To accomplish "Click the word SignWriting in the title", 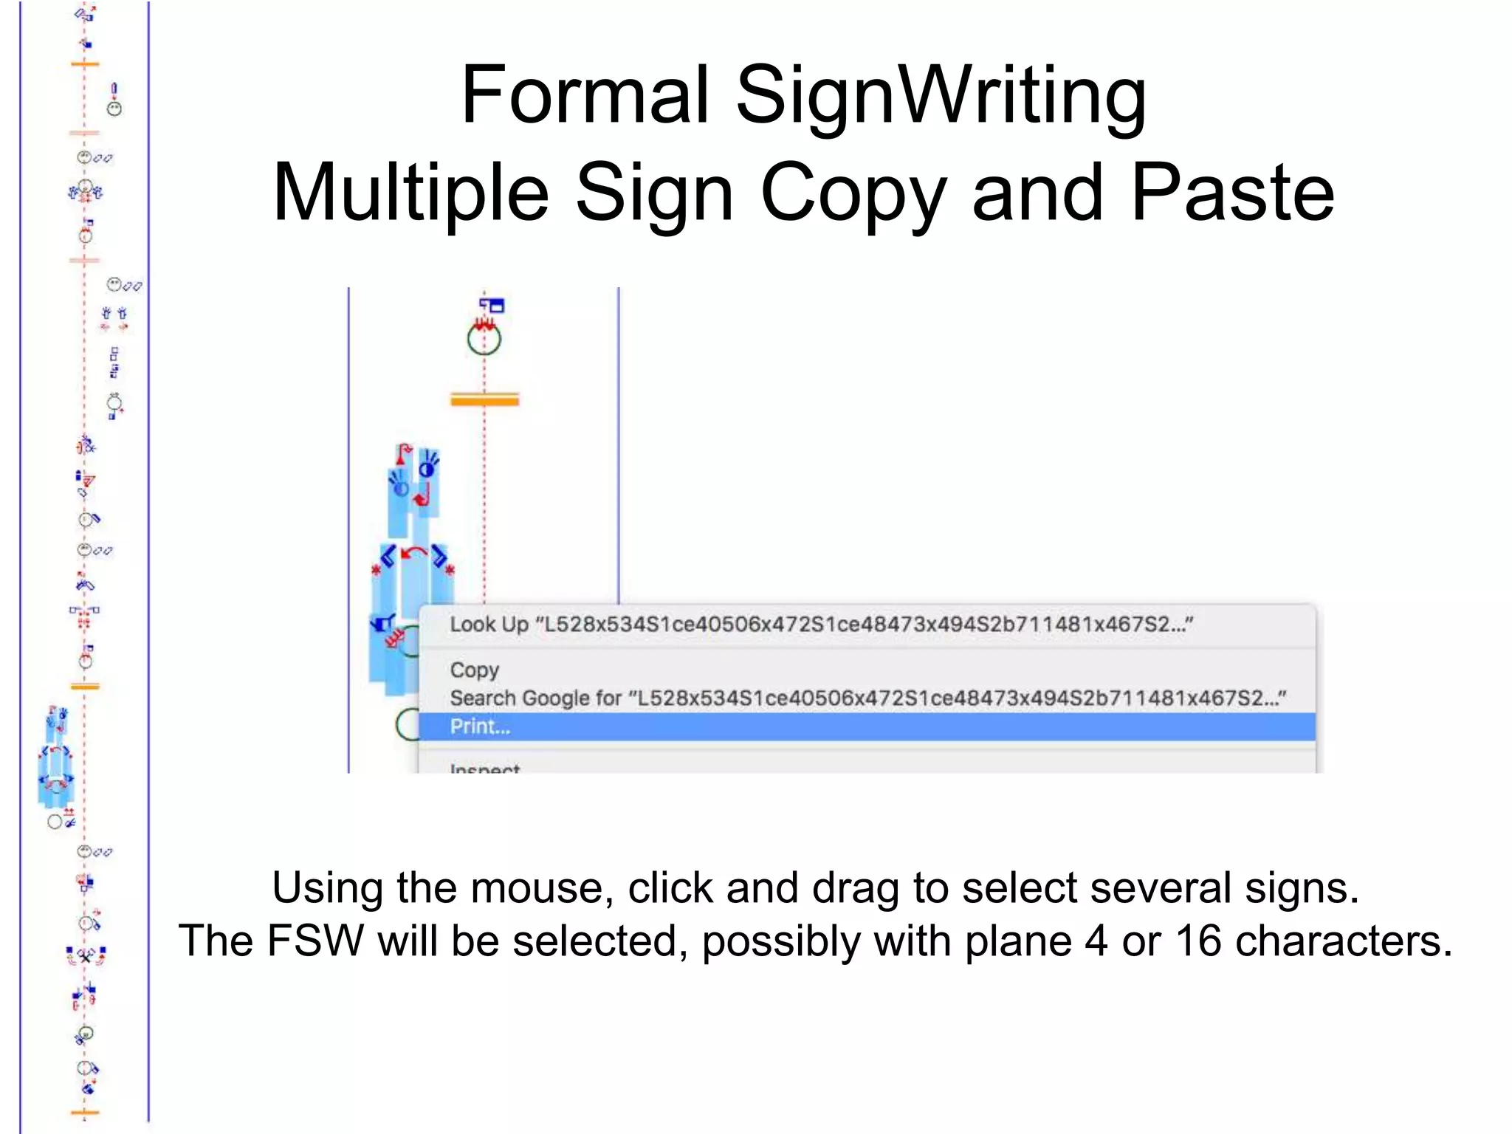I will click(941, 96).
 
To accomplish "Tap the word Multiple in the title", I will click(411, 193).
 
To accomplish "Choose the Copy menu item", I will click(475, 670).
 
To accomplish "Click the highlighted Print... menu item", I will click(481, 726).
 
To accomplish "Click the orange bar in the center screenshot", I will click(485, 400).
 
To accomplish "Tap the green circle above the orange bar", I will click(484, 340).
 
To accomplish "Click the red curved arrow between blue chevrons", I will click(414, 553).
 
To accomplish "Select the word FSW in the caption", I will click(315, 941).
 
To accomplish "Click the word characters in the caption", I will click(1344, 941).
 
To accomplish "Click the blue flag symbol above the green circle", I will click(492, 304).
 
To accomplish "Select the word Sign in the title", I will click(653, 193).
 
